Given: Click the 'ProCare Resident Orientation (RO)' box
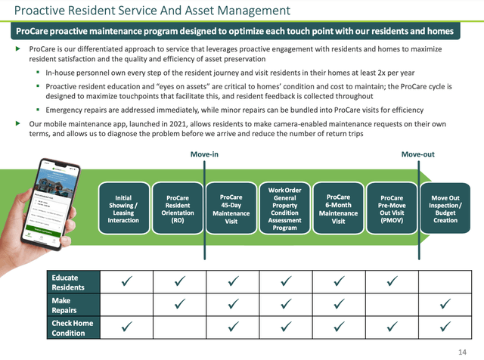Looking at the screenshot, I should pos(178,209).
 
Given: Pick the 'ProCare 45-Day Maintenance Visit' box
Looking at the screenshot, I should pos(231,209).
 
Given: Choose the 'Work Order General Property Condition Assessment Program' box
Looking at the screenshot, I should pos(285,209).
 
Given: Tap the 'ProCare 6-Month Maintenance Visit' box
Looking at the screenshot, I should pos(338,209).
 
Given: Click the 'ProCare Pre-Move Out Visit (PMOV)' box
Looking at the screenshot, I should pos(391,209).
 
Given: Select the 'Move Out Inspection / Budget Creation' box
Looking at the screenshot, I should pos(445,209).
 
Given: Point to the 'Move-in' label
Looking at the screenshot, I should pos(204,154).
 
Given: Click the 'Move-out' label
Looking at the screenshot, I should pos(418,154).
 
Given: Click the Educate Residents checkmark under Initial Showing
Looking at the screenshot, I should pos(126,282).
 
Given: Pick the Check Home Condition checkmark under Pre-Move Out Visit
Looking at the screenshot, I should pos(392,327).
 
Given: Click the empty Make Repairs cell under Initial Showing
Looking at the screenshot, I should pos(126,305).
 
